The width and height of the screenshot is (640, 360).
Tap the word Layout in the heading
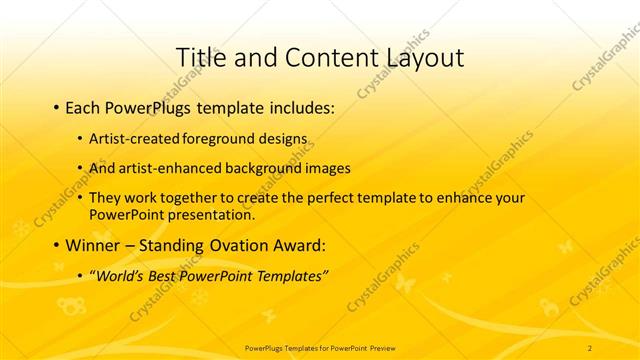click(x=417, y=57)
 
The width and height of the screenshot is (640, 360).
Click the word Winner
click(x=91, y=245)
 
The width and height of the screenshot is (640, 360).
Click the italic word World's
click(x=123, y=276)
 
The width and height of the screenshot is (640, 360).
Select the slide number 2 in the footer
click(x=591, y=347)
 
